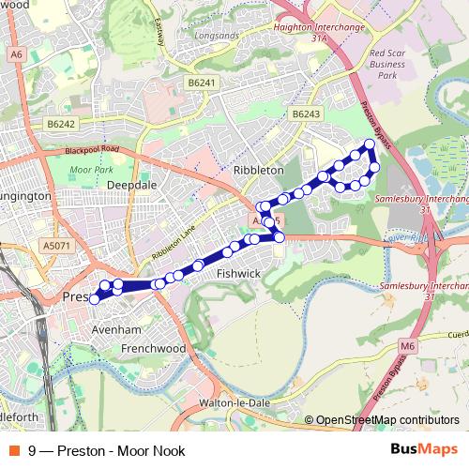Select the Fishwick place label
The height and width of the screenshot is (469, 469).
coord(236,273)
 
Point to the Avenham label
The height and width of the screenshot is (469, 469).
coord(116,330)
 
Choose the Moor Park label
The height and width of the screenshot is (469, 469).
coord(91,171)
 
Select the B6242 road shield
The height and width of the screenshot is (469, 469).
coord(59,123)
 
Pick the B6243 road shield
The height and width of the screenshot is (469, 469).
coord(306,113)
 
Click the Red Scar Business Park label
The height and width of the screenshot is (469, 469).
coord(387,68)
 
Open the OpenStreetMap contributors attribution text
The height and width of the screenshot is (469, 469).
coord(386,420)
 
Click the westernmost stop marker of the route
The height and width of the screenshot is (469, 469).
coord(93,299)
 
